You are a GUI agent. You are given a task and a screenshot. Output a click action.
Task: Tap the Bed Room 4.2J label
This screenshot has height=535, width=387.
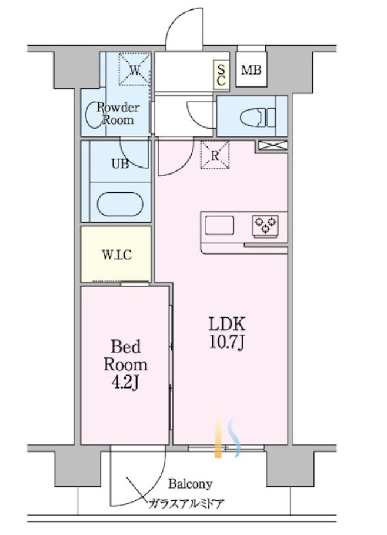(126, 365)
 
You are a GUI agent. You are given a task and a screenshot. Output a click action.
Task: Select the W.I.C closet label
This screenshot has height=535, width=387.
(116, 255)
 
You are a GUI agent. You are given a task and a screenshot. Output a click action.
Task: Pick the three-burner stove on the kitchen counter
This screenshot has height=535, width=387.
(265, 225)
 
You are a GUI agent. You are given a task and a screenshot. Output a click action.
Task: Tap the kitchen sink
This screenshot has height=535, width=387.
(219, 225)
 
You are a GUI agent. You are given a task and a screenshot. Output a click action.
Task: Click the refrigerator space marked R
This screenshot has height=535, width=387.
(215, 155)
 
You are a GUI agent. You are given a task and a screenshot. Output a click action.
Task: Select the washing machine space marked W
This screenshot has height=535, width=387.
(135, 69)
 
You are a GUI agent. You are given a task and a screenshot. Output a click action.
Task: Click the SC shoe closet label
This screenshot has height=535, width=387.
(221, 75)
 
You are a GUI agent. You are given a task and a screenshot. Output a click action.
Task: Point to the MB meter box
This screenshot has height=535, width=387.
(251, 71)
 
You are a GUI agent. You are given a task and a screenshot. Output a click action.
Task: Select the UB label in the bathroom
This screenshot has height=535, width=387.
(120, 164)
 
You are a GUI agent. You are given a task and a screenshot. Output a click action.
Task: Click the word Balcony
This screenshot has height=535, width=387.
(190, 484)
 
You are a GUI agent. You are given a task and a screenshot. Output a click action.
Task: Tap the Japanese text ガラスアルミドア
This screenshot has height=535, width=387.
(186, 503)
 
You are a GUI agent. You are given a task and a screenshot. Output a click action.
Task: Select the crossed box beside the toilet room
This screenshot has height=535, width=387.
(273, 145)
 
